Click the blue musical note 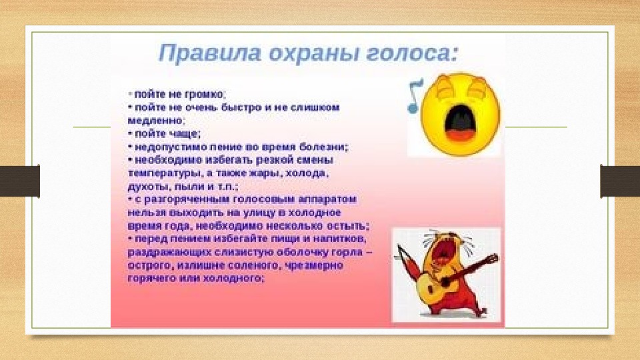click(x=415, y=96)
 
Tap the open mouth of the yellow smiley click(x=460, y=123)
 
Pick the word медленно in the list click(x=156, y=121)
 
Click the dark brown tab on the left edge click(x=19, y=181)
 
